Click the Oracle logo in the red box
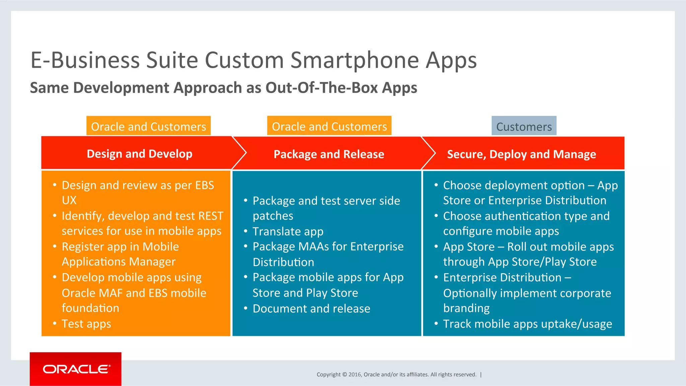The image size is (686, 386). pyautogui.click(x=76, y=369)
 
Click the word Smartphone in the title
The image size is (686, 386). pyautogui.click(x=354, y=60)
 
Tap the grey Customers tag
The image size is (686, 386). pyautogui.click(x=524, y=127)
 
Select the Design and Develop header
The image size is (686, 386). pyautogui.click(x=139, y=154)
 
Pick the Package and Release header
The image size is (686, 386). pyautogui.click(x=329, y=154)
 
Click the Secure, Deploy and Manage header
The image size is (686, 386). pyautogui.click(x=521, y=154)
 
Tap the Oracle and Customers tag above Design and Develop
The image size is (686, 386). pyautogui.click(x=148, y=126)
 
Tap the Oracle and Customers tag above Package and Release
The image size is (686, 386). pyautogui.click(x=329, y=126)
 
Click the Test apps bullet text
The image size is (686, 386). pyautogui.click(x=86, y=324)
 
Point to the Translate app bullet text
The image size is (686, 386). pyautogui.click(x=288, y=231)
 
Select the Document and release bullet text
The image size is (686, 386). pyautogui.click(x=311, y=308)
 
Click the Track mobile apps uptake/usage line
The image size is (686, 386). pyautogui.click(x=527, y=324)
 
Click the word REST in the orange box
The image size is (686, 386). pyautogui.click(x=210, y=216)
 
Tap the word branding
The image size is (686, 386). pyautogui.click(x=466, y=308)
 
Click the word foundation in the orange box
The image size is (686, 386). pyautogui.click(x=90, y=308)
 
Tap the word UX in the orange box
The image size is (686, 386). pyautogui.click(x=69, y=200)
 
